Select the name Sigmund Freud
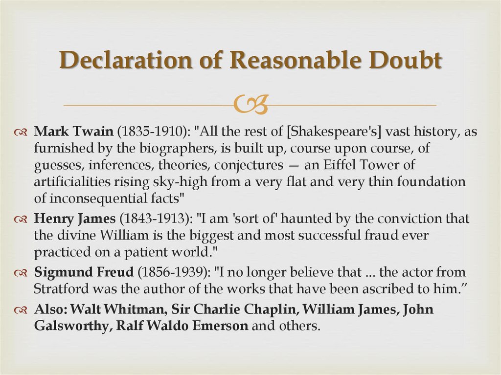(x=77, y=272)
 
